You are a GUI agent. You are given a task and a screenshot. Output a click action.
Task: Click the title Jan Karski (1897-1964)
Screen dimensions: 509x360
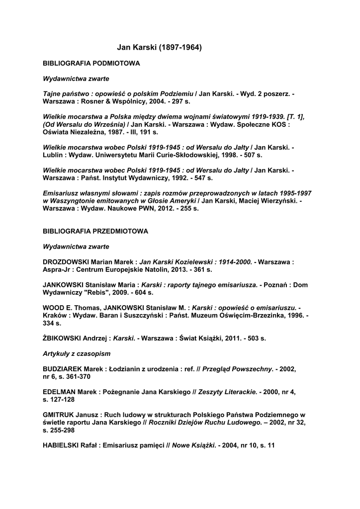coord(159,48)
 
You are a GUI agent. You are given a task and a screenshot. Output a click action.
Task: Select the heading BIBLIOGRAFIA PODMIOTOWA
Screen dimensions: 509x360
coord(91,64)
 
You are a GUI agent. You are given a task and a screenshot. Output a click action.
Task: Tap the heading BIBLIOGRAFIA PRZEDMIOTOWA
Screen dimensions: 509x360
coord(95,231)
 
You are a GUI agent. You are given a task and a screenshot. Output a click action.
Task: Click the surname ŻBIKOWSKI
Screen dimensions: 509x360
coord(62,339)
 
